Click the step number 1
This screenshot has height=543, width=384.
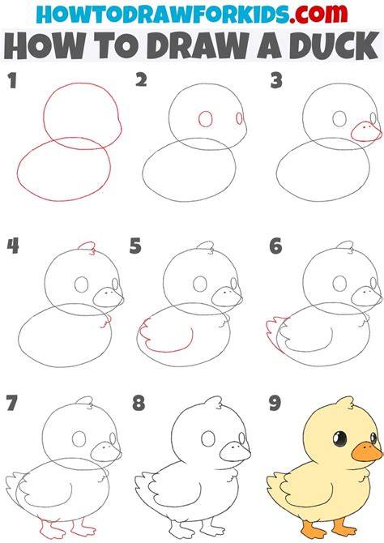12,81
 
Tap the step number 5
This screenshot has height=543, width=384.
135,246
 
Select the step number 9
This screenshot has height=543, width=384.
275,403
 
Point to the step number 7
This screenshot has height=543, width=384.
12,403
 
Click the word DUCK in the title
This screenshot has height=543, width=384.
334,46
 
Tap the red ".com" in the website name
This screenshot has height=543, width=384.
318,15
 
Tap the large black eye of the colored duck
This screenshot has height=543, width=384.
340,439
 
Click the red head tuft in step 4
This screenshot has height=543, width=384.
87,245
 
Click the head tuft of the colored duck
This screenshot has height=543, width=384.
343,403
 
